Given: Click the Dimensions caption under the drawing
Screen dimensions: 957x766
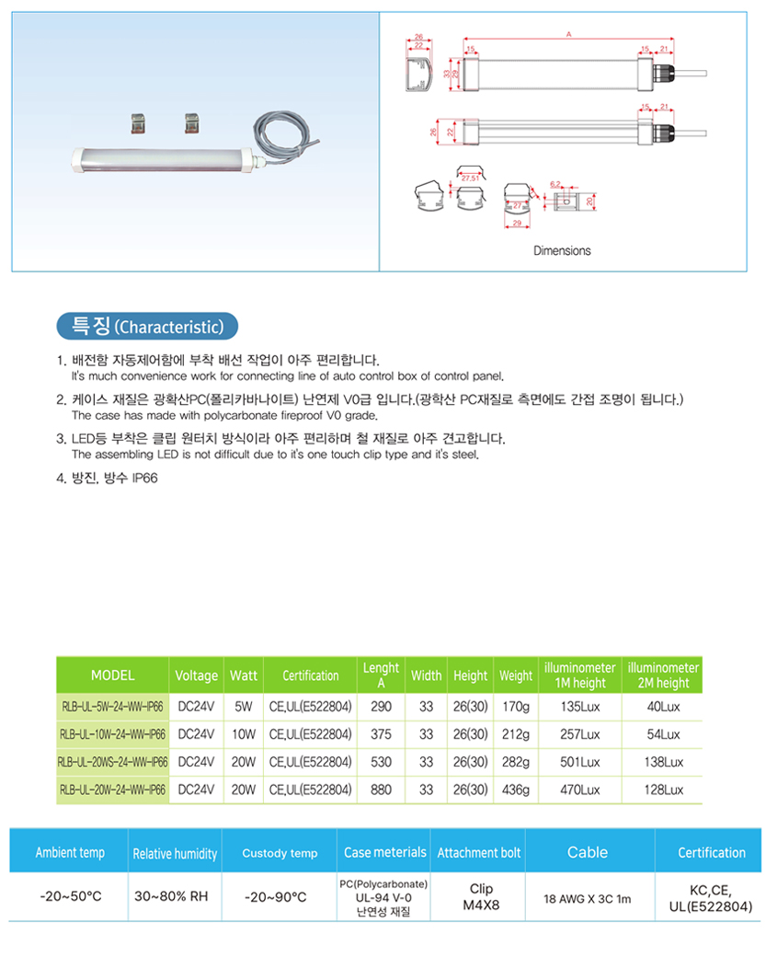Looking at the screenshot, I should [x=562, y=250].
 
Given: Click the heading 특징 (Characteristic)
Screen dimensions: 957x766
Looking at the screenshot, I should [x=146, y=327].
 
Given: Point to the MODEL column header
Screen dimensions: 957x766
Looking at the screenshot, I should [x=112, y=675].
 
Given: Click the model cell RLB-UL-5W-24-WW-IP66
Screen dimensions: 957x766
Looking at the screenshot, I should [x=112, y=708].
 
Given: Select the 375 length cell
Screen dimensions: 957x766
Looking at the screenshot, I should [x=381, y=735].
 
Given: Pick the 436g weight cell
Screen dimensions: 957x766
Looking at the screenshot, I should [x=516, y=790].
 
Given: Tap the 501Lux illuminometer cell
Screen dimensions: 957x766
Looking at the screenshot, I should [x=580, y=763].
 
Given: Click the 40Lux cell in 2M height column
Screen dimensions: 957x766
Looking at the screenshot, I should [x=663, y=708].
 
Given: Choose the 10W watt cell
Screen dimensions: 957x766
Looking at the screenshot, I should [x=244, y=735].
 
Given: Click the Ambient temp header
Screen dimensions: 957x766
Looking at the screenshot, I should [x=70, y=853].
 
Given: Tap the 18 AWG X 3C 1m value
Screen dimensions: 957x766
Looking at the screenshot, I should [x=587, y=898].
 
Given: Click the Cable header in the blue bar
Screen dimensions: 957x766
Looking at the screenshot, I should [x=587, y=853].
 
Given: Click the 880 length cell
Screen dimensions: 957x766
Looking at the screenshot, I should [x=381, y=790].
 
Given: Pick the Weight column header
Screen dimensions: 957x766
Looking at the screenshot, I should [x=516, y=675].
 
